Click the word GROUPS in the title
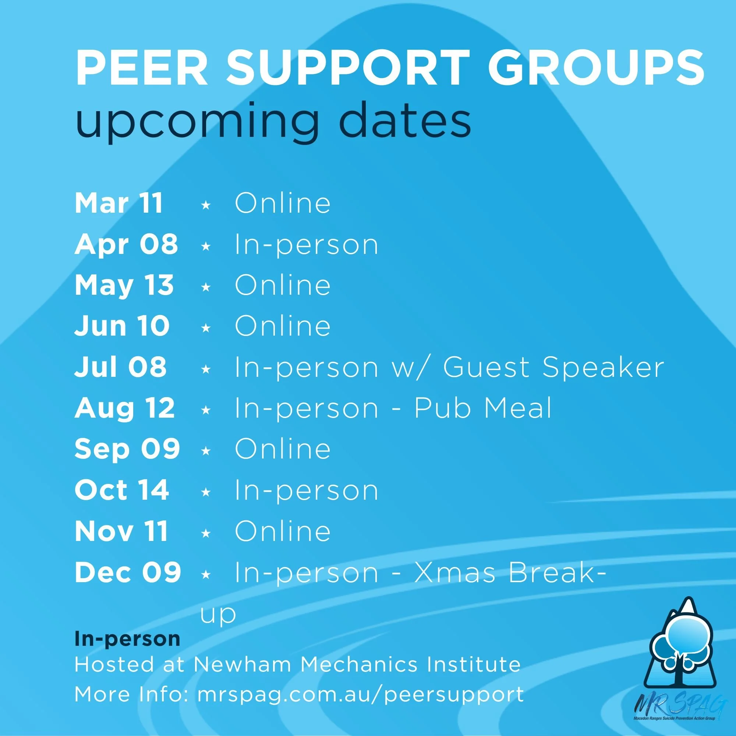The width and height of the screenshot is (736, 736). pos(596,67)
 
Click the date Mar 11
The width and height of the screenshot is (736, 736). pos(119,203)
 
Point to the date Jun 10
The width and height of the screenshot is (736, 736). pos(122,326)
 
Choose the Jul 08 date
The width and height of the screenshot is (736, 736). pos(120,367)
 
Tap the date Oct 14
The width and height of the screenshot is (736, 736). pos(122,490)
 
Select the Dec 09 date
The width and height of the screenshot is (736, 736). pos(128,572)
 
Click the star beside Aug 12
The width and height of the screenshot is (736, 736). pos(206,410)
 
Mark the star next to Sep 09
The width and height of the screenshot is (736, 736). pos(206,451)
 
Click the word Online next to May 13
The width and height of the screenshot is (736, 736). pos(282,285)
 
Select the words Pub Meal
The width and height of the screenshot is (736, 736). pos(483,408)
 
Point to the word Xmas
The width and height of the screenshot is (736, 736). pos(455,572)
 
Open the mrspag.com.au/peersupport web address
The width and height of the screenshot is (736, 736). pos(360,694)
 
